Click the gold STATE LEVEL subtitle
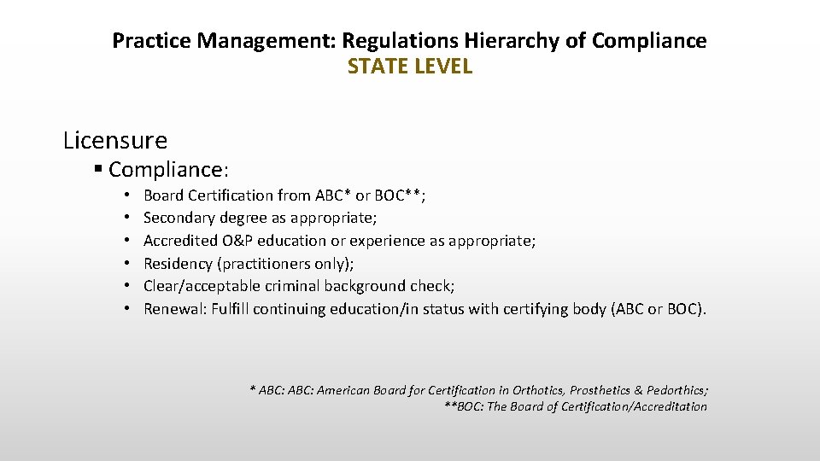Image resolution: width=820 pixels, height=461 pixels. tap(409, 67)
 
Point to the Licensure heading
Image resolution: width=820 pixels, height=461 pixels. tap(115, 139)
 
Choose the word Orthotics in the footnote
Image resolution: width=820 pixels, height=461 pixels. tap(537, 390)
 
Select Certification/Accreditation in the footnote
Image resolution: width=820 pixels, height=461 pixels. tap(634, 406)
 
